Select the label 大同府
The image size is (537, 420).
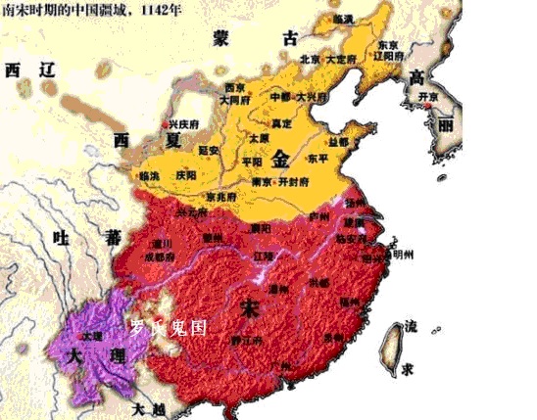pyautogui.click(x=237, y=100)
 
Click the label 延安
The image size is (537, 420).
pyautogui.click(x=207, y=151)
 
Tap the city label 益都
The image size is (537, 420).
pyautogui.click(x=339, y=142)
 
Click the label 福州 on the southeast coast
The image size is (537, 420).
pyautogui.click(x=350, y=303)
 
